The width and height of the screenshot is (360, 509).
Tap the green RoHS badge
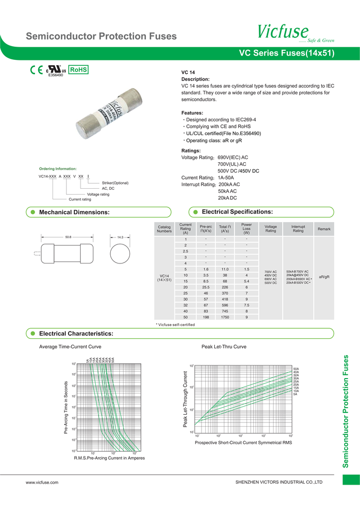click(78, 69)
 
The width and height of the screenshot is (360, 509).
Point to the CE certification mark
click(37, 70)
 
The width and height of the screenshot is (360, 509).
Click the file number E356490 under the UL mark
click(56, 75)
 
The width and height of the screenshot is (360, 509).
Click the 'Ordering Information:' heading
click(58, 169)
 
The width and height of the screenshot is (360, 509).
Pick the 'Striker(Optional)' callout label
click(115, 183)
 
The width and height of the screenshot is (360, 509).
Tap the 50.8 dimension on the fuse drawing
click(68, 237)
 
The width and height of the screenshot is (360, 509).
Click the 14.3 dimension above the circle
click(120, 237)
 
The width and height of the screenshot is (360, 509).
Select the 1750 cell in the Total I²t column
click(225, 317)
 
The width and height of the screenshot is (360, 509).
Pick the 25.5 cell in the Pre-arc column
click(205, 287)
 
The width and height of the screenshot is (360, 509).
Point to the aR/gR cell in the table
click(324, 276)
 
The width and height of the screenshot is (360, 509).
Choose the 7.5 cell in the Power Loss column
click(247, 305)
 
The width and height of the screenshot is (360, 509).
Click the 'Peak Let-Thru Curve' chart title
click(224, 346)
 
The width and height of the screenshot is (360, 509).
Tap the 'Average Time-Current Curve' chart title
click(71, 346)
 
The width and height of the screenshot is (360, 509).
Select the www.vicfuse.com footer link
click(42, 482)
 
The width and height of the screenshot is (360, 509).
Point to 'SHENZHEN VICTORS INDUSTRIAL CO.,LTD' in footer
click(279, 482)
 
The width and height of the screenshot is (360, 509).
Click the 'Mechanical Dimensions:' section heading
click(75, 212)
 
